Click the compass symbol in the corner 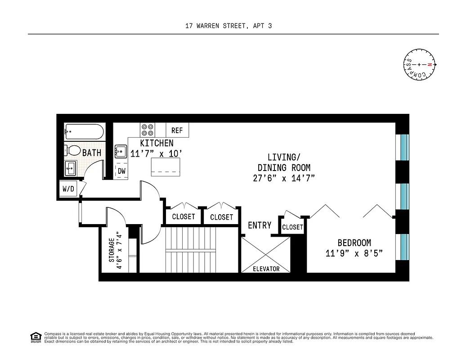pyautogui.click(x=419, y=65)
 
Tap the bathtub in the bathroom pyautogui.click(x=84, y=132)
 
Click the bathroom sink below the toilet pyautogui.click(x=71, y=169)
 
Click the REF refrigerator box pyautogui.click(x=177, y=130)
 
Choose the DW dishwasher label pyautogui.click(x=121, y=171)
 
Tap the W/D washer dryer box pyautogui.click(x=68, y=189)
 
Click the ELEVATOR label pyautogui.click(x=265, y=269)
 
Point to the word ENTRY pyautogui.click(x=260, y=225)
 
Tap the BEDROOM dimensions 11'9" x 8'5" pyautogui.click(x=354, y=253)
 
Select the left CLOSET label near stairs pyautogui.click(x=184, y=216)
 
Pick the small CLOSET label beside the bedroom pyautogui.click(x=292, y=227)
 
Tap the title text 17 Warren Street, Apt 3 pyautogui.click(x=229, y=26)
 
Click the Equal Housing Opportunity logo pyautogui.click(x=35, y=337)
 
